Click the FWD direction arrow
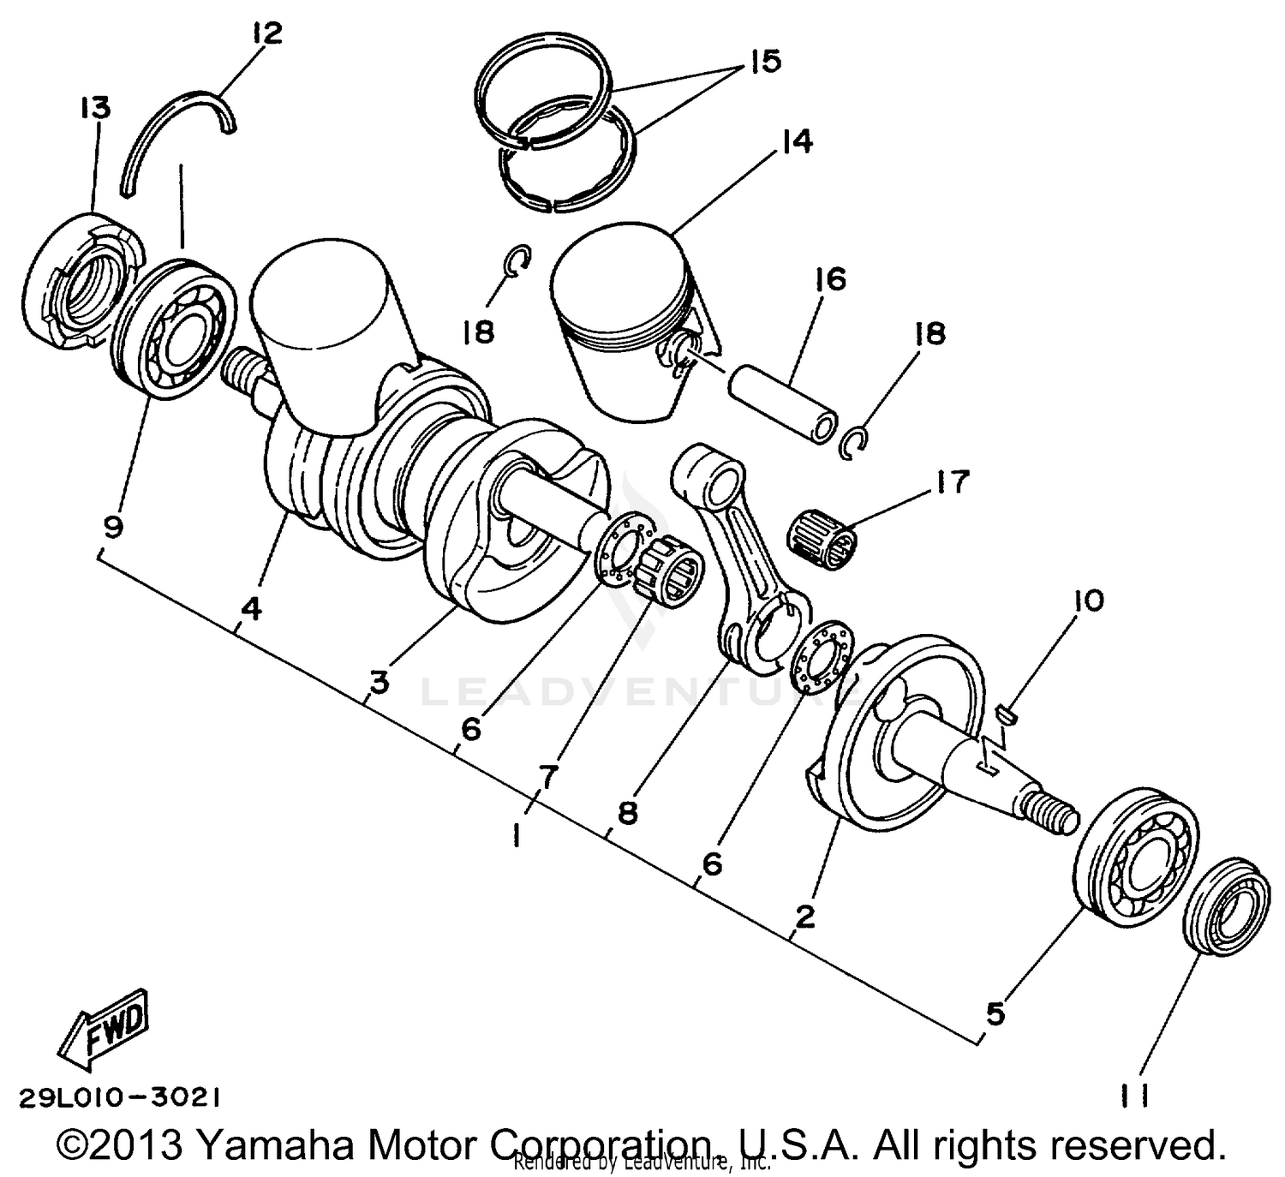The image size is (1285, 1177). (104, 1031)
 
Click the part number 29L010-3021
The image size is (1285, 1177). (120, 1097)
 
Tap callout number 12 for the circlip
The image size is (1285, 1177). (266, 35)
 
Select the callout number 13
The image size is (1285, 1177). (95, 108)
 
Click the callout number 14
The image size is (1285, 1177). (797, 140)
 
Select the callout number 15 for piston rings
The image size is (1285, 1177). (764, 62)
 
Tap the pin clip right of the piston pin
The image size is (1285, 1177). (854, 439)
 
